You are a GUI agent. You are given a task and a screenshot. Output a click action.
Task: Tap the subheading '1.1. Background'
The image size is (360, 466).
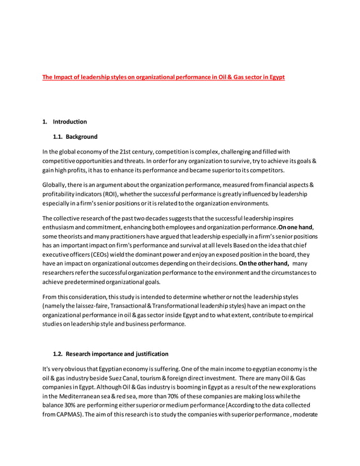[x=75, y=137]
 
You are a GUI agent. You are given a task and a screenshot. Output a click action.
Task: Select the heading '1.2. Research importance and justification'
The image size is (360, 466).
[x=110, y=354]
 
